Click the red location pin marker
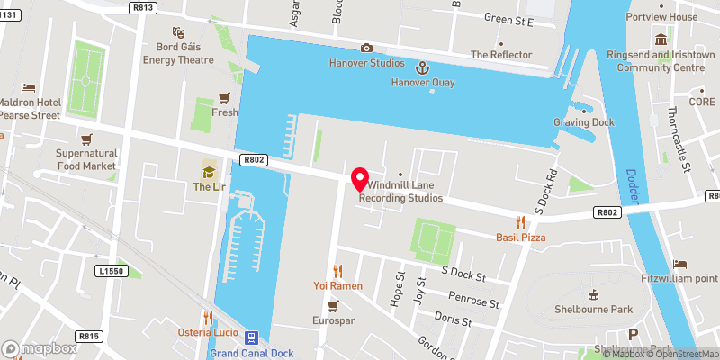tap(360, 178)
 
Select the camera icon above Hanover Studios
tap(366, 48)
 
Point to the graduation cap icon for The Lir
tap(209, 170)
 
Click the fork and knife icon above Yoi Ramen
tap(338, 270)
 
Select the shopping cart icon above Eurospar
tap(334, 305)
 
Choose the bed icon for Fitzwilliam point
tap(679, 265)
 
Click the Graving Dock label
tap(583, 122)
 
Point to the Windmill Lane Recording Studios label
tap(400, 192)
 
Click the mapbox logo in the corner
tap(40, 348)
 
